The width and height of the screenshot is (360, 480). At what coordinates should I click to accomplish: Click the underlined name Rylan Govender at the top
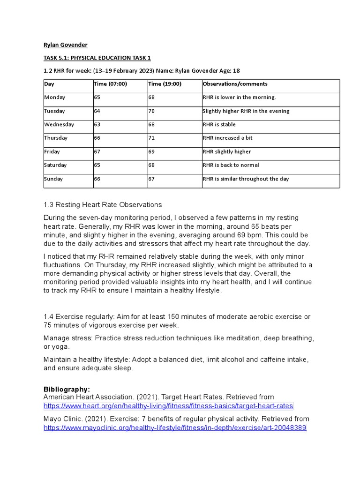tap(65, 45)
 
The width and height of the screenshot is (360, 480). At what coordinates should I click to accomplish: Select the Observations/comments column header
tap(235, 84)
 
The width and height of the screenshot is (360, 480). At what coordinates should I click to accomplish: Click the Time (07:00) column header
tap(110, 84)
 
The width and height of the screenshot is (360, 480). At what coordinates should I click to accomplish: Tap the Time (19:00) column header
tap(165, 84)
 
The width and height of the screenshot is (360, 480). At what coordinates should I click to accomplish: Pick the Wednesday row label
tap(59, 125)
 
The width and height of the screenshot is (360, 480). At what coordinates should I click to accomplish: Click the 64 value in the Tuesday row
tap(97, 111)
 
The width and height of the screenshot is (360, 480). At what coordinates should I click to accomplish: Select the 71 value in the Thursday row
tap(151, 138)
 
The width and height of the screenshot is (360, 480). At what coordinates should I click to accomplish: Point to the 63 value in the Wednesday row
tap(97, 125)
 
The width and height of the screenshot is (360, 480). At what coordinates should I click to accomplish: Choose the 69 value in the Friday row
tap(151, 151)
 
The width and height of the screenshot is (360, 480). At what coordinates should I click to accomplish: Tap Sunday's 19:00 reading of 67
tap(151, 179)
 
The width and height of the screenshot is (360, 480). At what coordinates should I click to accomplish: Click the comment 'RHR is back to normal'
tap(231, 165)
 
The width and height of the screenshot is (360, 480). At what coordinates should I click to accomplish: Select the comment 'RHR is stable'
tap(219, 125)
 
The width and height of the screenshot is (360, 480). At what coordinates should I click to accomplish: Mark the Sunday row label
tap(53, 179)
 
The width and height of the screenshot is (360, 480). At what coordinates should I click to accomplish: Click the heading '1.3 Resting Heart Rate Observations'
tap(103, 205)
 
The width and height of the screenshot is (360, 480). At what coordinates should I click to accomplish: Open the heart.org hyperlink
tap(168, 405)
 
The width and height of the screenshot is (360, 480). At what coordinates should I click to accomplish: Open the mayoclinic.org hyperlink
tap(175, 427)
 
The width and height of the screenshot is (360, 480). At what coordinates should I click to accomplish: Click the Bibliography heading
tap(66, 390)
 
